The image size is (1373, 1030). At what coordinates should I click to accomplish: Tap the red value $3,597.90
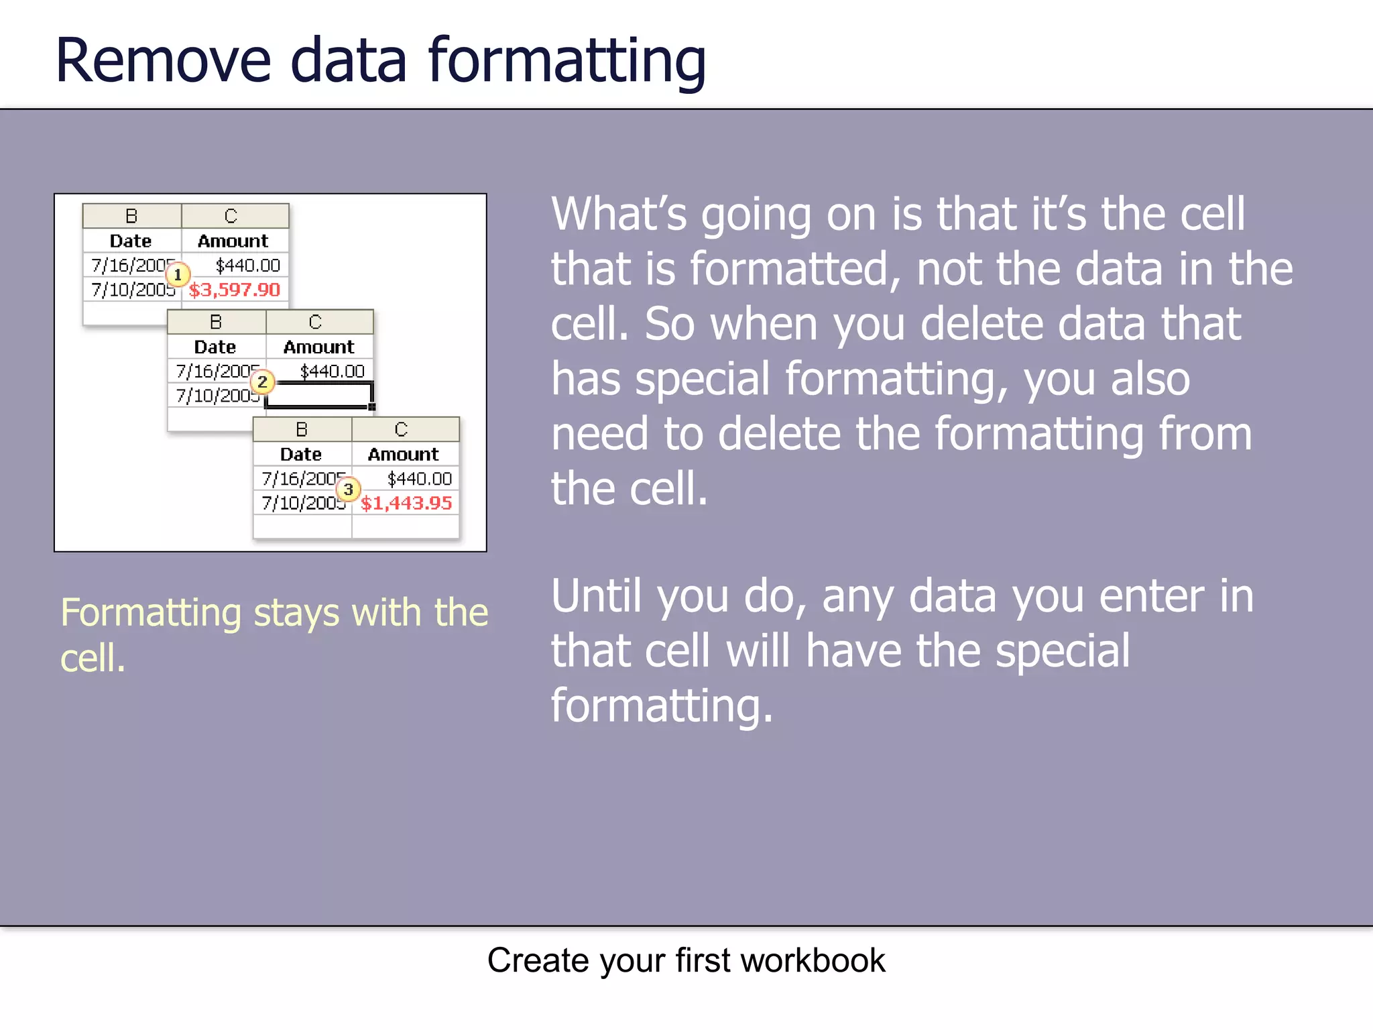pos(234,290)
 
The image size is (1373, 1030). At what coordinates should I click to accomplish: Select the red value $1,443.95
pos(406,503)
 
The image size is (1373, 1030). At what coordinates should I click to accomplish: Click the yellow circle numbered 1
pos(178,275)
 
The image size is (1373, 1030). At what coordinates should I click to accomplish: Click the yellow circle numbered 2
pos(262,382)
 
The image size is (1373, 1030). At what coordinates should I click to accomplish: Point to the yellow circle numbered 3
pos(348,489)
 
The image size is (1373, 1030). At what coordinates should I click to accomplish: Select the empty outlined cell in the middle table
pos(319,395)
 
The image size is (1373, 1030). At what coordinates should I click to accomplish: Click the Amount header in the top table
pos(233,241)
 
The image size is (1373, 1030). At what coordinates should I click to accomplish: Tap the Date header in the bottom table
pos(301,454)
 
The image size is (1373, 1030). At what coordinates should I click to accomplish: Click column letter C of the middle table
pos(315,323)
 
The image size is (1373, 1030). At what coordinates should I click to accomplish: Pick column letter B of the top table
pos(131,216)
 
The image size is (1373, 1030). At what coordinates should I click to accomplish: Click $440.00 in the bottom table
pos(420,479)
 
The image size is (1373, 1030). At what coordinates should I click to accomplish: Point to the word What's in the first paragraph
pos(619,215)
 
